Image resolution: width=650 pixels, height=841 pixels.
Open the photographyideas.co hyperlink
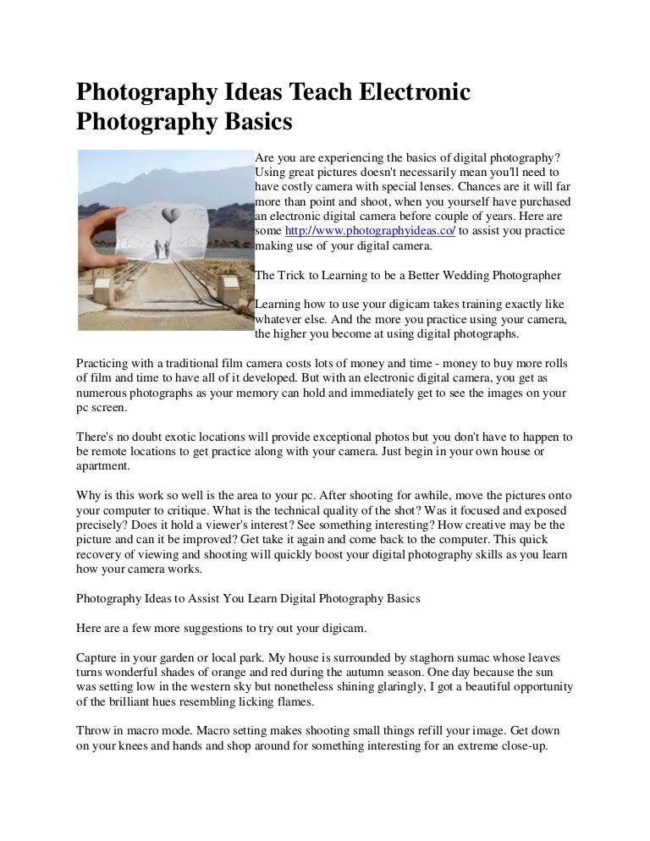(371, 230)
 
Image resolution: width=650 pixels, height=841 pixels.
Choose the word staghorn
(423, 657)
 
